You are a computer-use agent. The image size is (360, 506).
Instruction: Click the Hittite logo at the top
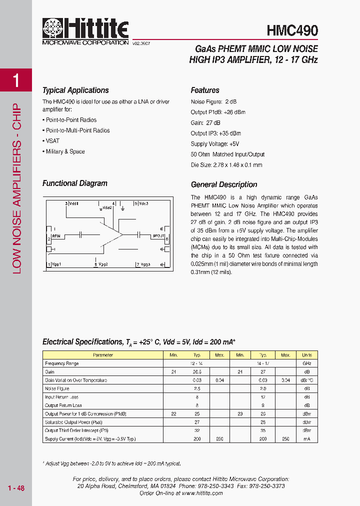tap(85, 32)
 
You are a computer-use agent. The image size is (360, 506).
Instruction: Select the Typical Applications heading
tap(75, 90)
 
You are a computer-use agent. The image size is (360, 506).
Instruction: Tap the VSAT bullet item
tap(52, 141)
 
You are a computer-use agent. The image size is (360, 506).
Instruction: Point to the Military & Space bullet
tap(65, 151)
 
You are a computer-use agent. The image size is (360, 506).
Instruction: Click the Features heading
tap(205, 90)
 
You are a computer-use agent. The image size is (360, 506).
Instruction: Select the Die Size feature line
tap(226, 165)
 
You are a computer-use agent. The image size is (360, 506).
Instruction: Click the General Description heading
tap(224, 184)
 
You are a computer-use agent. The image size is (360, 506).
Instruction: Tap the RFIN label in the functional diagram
tap(56, 234)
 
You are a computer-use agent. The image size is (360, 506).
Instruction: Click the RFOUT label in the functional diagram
tap(158, 234)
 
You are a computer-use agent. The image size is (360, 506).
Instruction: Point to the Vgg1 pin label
tap(55, 264)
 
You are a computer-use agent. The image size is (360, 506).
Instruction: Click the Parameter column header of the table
tap(103, 355)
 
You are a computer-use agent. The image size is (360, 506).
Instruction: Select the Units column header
tap(306, 355)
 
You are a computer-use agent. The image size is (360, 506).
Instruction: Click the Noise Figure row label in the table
tap(57, 388)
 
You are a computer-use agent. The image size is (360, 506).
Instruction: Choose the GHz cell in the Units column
tap(306, 363)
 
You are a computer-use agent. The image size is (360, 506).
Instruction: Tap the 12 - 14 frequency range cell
tap(196, 363)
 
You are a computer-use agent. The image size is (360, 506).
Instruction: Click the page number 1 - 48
tap(16, 488)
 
